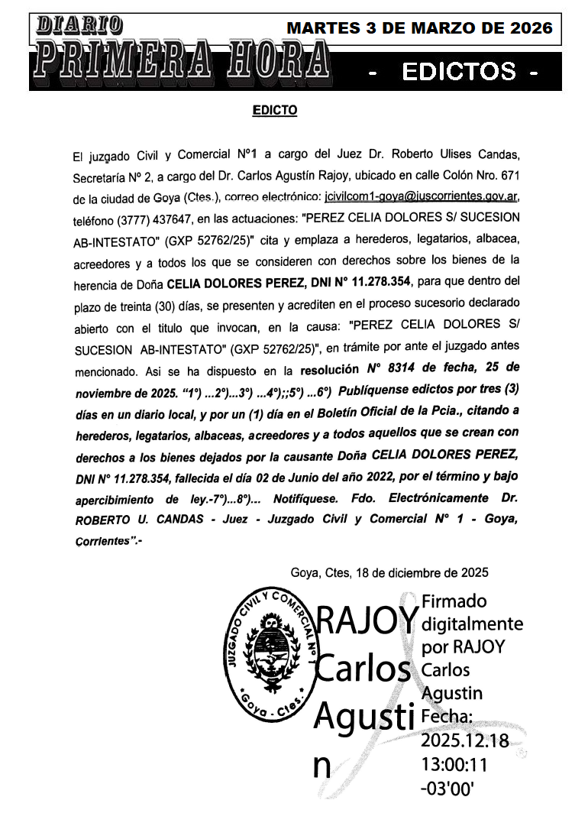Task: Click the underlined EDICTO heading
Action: (275, 111)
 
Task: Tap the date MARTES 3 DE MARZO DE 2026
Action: (419, 28)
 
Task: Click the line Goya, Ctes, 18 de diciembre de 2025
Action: (389, 572)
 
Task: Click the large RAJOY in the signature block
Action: (367, 620)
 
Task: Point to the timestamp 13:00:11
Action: (454, 763)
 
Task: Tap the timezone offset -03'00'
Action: (453, 787)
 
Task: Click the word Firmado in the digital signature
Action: (454, 601)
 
